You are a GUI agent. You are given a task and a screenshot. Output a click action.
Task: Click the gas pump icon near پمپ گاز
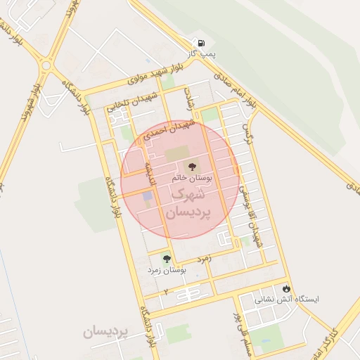pos(202,43)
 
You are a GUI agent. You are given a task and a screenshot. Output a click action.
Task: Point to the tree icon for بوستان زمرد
pos(167,259)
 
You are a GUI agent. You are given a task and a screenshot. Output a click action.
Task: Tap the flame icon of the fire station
pos(286,288)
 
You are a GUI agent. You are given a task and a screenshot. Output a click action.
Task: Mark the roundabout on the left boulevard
pos(46,65)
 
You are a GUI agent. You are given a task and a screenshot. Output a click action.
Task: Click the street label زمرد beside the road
pos(205,259)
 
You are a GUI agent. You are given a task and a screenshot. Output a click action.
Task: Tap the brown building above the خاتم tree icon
pos(176,152)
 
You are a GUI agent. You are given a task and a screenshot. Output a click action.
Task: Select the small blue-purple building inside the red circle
pos(147,195)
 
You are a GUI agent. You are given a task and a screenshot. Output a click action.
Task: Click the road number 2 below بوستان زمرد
pos(166,290)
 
